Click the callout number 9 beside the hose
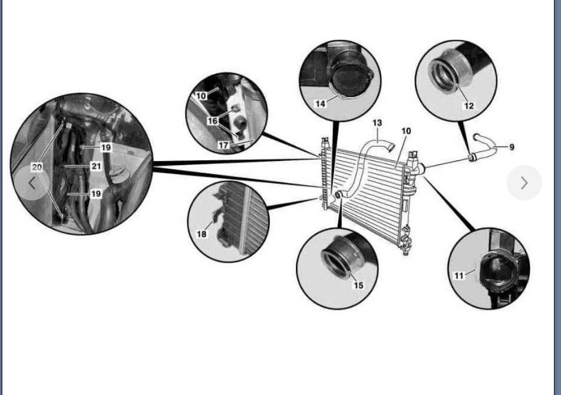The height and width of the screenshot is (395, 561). click(511, 147)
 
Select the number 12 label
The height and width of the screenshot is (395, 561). click(468, 106)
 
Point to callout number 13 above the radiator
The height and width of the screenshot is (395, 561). click(377, 123)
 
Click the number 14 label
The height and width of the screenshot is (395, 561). click(320, 104)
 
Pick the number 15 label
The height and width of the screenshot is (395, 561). click(358, 285)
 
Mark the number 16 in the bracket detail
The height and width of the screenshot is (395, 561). click(212, 120)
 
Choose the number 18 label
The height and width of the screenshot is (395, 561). click(202, 234)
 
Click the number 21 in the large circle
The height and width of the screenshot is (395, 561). click(96, 167)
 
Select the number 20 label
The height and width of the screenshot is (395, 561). click(37, 167)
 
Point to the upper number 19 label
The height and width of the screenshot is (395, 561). click(105, 147)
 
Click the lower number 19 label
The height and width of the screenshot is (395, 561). click(96, 193)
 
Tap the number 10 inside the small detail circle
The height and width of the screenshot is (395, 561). click(202, 96)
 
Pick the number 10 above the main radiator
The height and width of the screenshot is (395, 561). click(406, 131)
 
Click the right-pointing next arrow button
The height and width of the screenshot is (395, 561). click(524, 183)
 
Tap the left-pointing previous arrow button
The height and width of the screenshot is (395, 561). click(32, 183)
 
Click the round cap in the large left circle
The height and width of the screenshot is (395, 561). click(120, 175)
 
